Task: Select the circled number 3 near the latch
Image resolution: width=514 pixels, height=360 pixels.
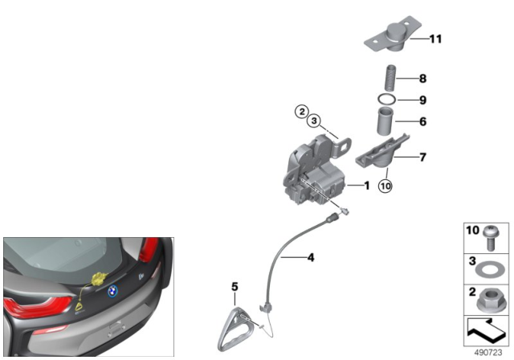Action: [314, 121]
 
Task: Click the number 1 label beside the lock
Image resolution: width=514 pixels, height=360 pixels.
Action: [366, 186]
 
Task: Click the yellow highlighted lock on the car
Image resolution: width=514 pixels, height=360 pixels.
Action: [98, 282]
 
